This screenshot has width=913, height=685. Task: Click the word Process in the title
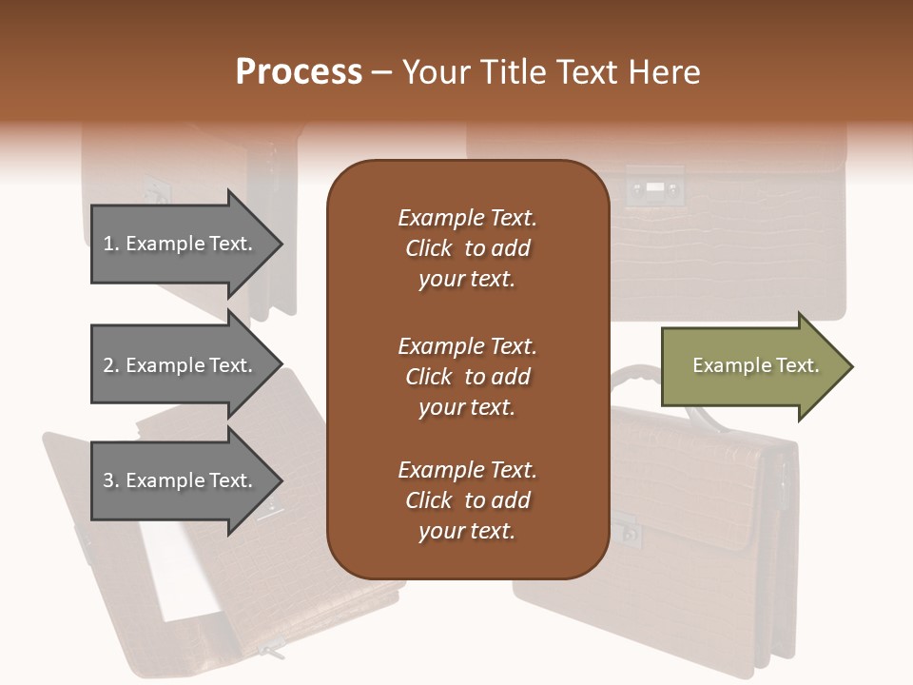pos(299,72)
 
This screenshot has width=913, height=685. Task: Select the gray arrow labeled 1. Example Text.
pos(181,244)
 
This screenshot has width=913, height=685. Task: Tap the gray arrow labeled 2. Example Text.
pos(181,365)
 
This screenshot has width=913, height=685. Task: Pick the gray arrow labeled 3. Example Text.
pos(181,480)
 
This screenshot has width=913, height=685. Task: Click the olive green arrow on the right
pos(751,366)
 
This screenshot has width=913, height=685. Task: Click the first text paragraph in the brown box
pos(467,248)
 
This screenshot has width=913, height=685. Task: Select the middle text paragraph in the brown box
pos(467,377)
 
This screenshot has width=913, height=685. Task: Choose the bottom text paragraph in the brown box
pos(467,500)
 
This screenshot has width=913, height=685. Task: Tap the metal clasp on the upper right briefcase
pos(654,187)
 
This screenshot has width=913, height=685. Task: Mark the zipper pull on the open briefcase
pos(271,652)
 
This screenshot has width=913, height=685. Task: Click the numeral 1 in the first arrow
pos(107,244)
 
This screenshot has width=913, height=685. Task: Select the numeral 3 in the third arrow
pos(108,480)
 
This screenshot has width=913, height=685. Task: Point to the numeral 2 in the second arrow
pos(108,365)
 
